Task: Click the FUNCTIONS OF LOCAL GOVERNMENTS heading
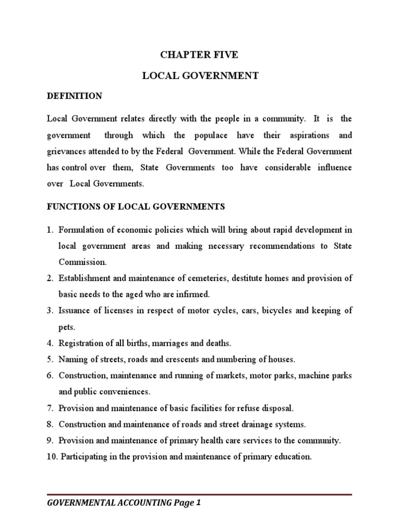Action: (136, 206)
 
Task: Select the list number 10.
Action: (51, 457)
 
